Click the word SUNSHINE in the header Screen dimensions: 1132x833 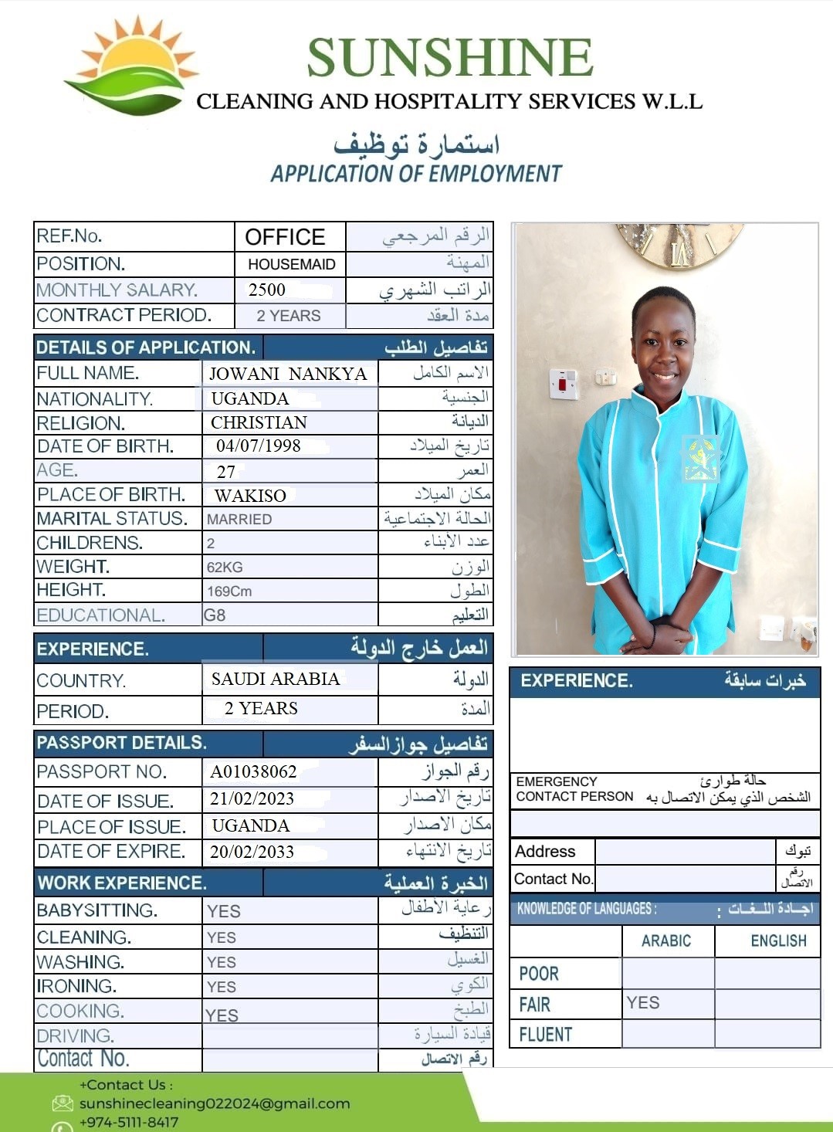450,57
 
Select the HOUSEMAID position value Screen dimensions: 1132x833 291,264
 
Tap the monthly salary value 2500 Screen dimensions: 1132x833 267,290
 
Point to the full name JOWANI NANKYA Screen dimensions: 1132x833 288,374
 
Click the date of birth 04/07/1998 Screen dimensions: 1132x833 259,446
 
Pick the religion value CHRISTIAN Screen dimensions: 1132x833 259,422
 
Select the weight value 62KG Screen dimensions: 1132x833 225,568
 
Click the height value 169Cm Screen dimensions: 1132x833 229,591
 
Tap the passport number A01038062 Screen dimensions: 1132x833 253,771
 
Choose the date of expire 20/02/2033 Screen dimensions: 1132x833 252,852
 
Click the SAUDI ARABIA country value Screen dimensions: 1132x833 276,679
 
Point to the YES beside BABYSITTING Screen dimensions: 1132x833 224,912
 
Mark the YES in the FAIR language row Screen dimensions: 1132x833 643,1002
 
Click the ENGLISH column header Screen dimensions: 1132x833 778,941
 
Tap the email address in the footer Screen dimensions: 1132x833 215,1103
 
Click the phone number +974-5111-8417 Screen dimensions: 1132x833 129,1122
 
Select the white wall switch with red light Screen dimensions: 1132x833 564,384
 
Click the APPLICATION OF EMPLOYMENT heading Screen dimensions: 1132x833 416,174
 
